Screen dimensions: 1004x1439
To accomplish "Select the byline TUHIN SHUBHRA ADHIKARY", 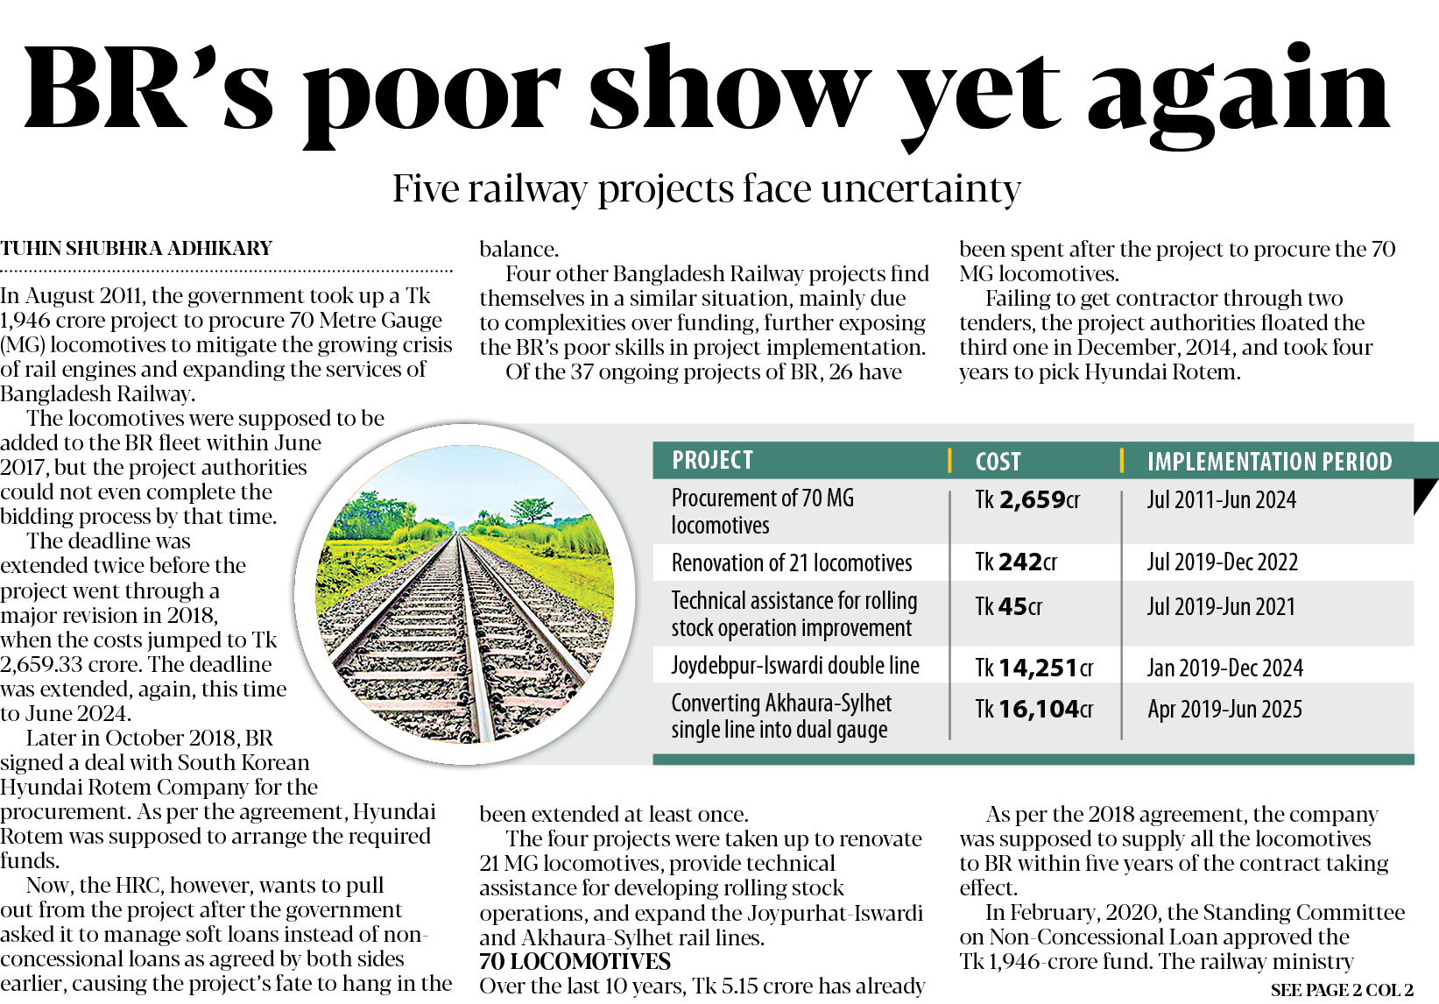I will pos(137,249).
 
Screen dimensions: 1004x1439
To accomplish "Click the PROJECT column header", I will pos(712,460).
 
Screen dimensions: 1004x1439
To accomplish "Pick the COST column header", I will pos(998,462).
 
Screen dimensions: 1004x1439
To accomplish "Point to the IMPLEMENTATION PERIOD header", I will pos(1269,462).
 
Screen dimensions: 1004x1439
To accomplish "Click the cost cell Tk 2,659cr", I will pos(1027,500).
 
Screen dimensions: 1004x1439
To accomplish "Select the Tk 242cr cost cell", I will pos(1016,562).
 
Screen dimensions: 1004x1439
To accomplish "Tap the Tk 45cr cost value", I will pos(1008,607).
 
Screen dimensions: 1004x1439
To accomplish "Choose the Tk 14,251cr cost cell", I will pos(1034,668).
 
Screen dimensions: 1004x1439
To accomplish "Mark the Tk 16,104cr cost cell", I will pos(1034,710).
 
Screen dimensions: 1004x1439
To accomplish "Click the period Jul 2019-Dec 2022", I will pos(1222,562).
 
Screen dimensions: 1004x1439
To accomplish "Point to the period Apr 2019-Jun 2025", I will pos(1224,710).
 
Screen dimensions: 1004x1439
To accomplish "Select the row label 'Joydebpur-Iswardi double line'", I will pos(795,667).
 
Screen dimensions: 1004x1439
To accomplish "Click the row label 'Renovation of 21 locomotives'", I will pos(792,563).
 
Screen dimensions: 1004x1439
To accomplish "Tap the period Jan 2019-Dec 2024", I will pos(1224,668).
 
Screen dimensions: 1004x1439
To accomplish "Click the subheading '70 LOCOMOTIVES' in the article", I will pos(575,962).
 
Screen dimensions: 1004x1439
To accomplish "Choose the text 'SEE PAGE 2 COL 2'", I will pos(1341,991).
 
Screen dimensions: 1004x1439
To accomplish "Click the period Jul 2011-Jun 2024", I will pos(1221,500).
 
